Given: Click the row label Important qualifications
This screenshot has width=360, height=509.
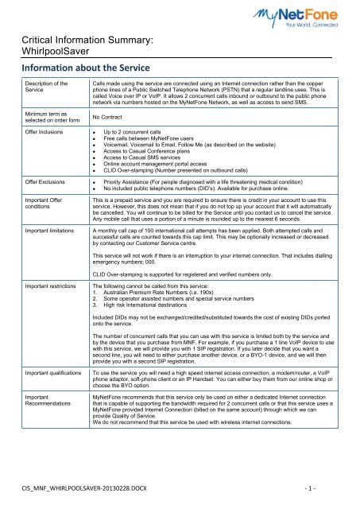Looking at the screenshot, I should click(x=52, y=437).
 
